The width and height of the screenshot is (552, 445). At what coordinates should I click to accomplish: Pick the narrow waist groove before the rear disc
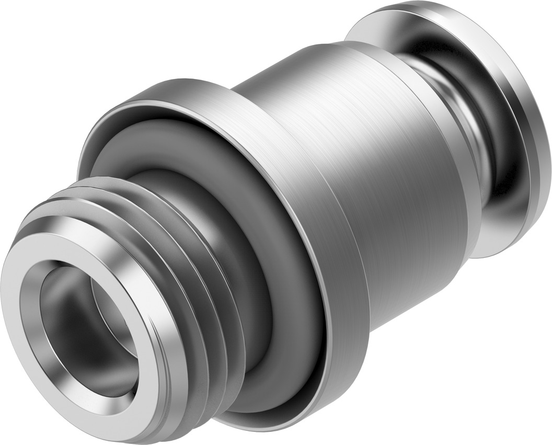click(x=470, y=120)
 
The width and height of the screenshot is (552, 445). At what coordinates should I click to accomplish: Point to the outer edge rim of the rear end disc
click(x=538, y=157)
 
